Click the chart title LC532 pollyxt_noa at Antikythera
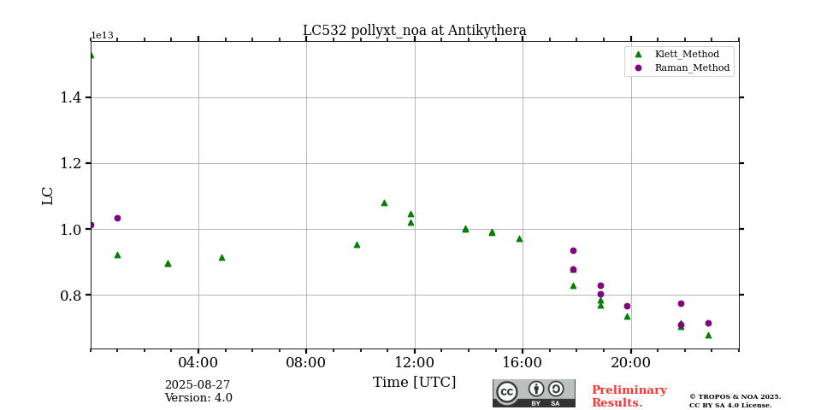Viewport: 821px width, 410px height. pos(414,31)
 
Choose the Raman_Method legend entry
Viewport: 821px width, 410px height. pos(692,67)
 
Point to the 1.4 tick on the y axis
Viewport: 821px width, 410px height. pos(70,97)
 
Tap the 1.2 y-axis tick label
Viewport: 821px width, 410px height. pos(70,163)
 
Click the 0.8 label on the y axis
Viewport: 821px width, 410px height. pos(70,296)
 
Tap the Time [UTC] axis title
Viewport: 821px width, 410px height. pos(414,383)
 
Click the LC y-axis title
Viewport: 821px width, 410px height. pos(48,196)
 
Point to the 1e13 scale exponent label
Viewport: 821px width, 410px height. pos(102,36)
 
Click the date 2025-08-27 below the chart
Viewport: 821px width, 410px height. pos(198,385)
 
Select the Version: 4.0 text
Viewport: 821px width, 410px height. pos(198,398)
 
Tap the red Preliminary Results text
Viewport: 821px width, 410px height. pos(629,396)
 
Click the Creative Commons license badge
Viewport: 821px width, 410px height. pos(534,393)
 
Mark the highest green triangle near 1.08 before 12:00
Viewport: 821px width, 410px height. pos(384,202)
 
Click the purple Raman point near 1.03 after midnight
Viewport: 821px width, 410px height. pos(117,218)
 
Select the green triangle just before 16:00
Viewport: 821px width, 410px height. pos(519,238)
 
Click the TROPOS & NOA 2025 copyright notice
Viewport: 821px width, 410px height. pos(735,401)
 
